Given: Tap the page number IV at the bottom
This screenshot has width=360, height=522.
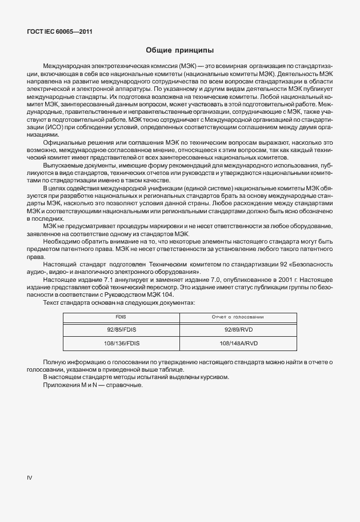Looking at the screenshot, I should coord(30,476).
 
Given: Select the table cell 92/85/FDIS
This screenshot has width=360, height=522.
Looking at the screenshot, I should coord(119,330).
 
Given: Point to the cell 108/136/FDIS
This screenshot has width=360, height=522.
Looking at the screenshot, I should coord(119,344).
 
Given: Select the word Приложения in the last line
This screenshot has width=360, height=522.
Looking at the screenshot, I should coord(60,385).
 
